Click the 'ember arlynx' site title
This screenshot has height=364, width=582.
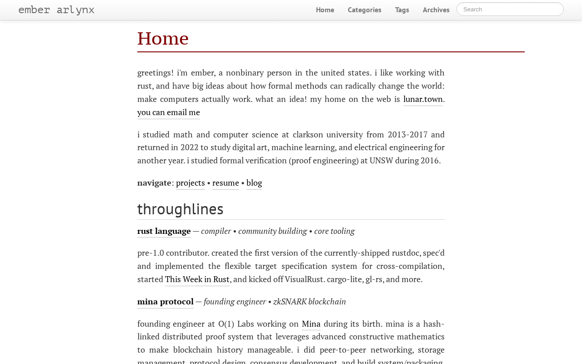[x=56, y=10]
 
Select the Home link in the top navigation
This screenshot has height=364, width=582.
[x=325, y=10]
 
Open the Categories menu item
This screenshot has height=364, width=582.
[x=365, y=10]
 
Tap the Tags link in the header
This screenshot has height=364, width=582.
[x=402, y=10]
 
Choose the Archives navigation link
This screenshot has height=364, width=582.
[x=436, y=10]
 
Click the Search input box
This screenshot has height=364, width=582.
[x=510, y=9]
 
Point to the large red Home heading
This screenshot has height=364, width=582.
[x=163, y=38]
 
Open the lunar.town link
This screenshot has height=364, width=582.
[x=423, y=99]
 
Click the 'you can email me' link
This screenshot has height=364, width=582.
[x=169, y=112]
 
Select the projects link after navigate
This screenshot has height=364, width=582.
[x=191, y=182]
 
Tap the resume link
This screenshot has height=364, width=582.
[x=226, y=182]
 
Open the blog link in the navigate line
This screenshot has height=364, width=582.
[x=254, y=182]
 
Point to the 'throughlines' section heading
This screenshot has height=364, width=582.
[x=180, y=209]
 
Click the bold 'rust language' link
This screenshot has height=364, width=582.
[x=164, y=231]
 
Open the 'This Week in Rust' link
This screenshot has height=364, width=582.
[x=197, y=279]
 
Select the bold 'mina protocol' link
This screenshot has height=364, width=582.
[x=166, y=301]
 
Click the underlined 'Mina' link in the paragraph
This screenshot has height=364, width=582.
[x=311, y=324]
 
